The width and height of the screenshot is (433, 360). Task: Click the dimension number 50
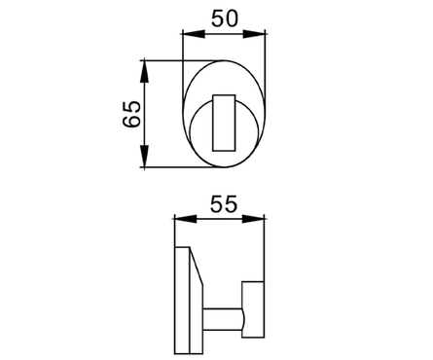pyautogui.click(x=225, y=18)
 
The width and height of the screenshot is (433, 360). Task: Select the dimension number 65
pyautogui.click(x=132, y=114)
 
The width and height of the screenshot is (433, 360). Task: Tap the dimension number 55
pyautogui.click(x=224, y=204)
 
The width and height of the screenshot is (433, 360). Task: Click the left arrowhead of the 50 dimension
pyautogui.click(x=194, y=34)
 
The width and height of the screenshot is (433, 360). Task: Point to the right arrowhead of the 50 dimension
pyautogui.click(x=254, y=34)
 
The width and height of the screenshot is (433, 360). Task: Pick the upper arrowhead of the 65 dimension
pyautogui.click(x=144, y=71)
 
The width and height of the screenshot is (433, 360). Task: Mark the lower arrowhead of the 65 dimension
pyautogui.click(x=144, y=157)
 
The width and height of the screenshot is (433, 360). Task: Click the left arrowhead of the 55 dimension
pyautogui.click(x=186, y=219)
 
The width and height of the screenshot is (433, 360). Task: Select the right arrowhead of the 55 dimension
pyautogui.click(x=253, y=219)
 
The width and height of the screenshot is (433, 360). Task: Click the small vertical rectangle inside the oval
pyautogui.click(x=224, y=123)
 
